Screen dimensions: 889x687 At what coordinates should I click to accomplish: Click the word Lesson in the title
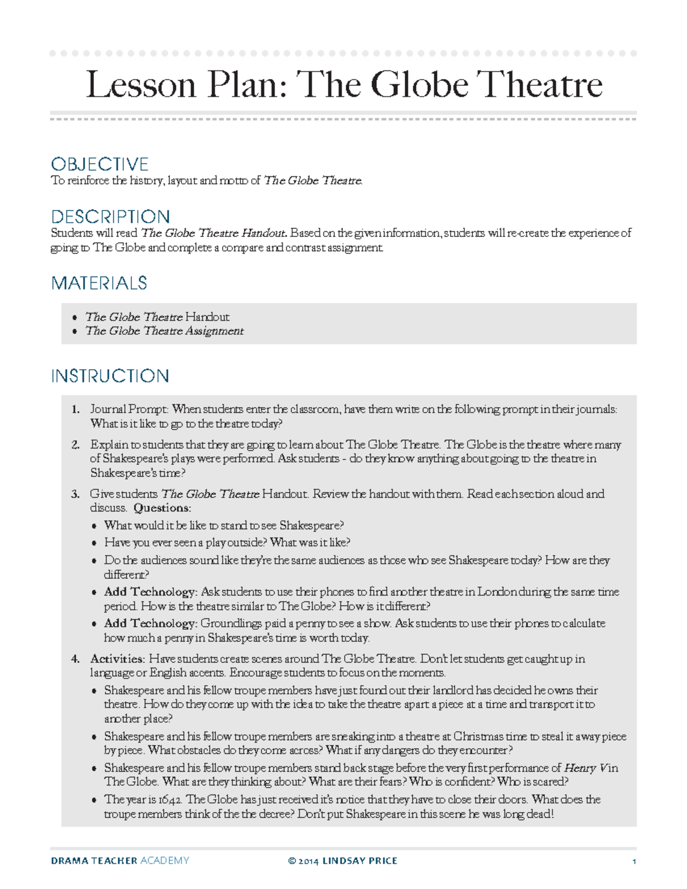coord(141,85)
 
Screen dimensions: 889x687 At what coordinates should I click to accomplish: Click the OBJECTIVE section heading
coord(100,164)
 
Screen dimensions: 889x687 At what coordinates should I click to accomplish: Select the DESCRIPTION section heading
coord(110,217)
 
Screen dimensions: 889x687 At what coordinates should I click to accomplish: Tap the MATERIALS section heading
coord(99,283)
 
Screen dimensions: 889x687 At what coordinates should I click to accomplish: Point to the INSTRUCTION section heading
coord(110,376)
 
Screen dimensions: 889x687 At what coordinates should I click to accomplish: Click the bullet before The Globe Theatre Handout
coord(74,317)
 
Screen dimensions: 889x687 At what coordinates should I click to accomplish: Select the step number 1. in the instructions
coord(75,409)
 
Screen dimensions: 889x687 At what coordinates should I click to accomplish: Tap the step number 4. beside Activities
coord(75,659)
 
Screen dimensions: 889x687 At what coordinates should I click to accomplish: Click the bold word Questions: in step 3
coord(162,508)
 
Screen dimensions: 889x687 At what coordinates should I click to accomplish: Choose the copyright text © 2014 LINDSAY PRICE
coord(342,860)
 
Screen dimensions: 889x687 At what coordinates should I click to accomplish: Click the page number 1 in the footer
coord(634,861)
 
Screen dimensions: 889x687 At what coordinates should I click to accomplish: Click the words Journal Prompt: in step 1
coord(129,409)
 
